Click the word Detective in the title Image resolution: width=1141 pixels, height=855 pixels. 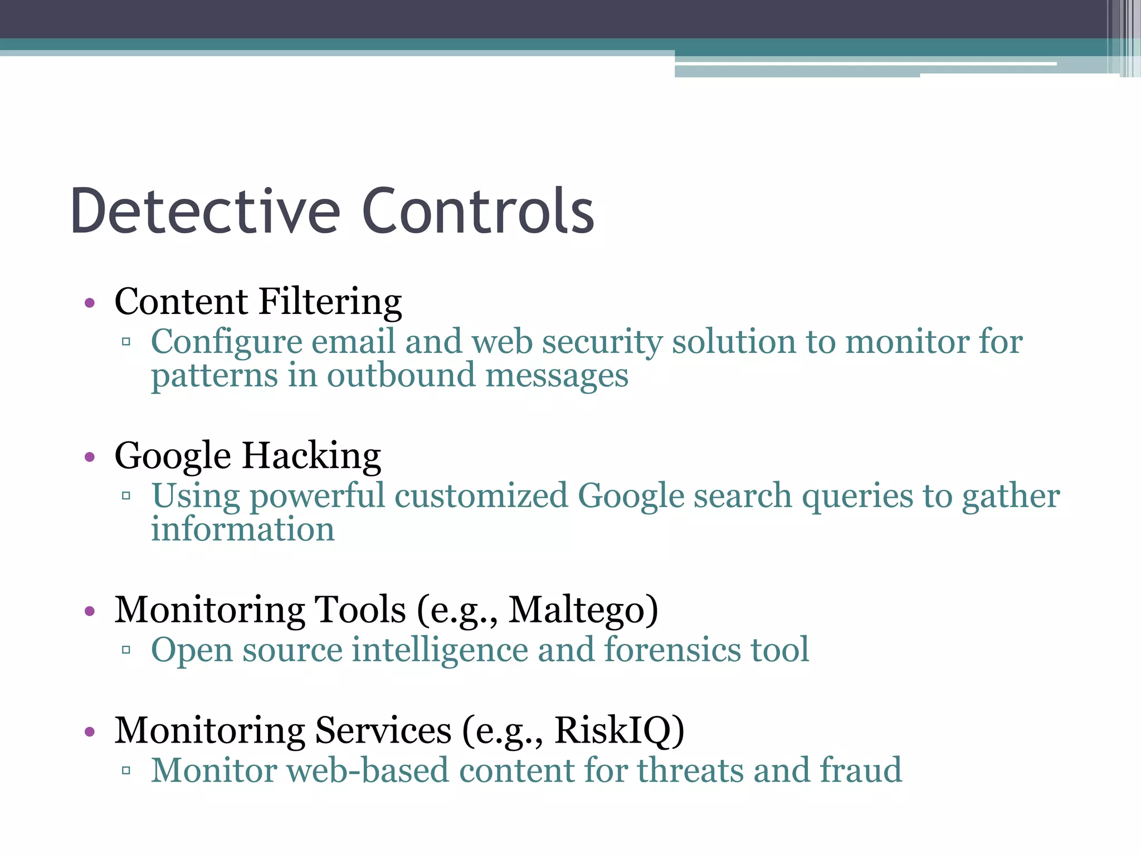point(205,212)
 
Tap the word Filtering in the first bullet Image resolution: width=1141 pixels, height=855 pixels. point(330,302)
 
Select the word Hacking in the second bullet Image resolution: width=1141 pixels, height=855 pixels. point(311,456)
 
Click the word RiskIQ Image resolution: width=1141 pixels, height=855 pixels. point(619,730)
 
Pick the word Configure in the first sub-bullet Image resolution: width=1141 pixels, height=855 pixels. point(226,342)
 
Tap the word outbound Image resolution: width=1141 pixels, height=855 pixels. point(401,376)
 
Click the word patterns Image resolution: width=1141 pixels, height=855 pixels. point(214,377)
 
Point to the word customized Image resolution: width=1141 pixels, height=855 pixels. point(481,495)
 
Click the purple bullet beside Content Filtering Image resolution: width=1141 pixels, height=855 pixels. point(90,303)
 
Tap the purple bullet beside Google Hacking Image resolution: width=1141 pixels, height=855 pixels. point(90,458)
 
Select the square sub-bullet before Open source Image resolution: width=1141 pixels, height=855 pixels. point(126,650)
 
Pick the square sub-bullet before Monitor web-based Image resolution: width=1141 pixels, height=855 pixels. point(126,771)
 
